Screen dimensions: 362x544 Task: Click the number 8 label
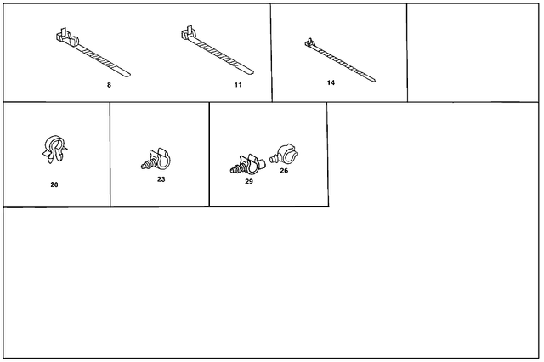[109, 85]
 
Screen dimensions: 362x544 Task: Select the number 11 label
[238, 85]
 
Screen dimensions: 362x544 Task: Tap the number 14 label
[331, 82]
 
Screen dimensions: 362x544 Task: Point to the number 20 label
[54, 184]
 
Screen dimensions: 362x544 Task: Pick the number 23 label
[161, 179]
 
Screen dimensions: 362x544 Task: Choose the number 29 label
[248, 182]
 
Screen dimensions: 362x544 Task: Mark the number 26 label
[283, 171]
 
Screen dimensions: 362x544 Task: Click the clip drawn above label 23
[156, 158]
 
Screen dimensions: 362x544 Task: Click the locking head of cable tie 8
[62, 37]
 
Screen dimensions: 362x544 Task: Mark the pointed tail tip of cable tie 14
[375, 82]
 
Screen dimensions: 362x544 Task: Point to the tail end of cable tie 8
[130, 73]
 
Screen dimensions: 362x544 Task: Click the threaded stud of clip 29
[235, 169]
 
